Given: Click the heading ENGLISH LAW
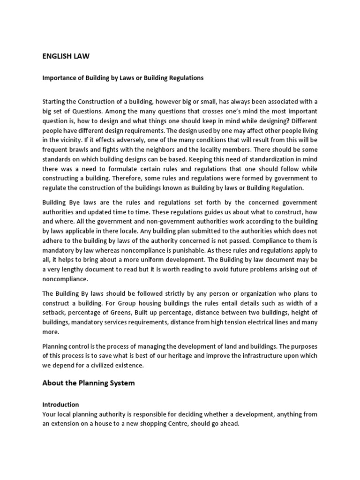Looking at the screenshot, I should [66, 56].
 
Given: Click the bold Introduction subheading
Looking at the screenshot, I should [60, 404].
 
